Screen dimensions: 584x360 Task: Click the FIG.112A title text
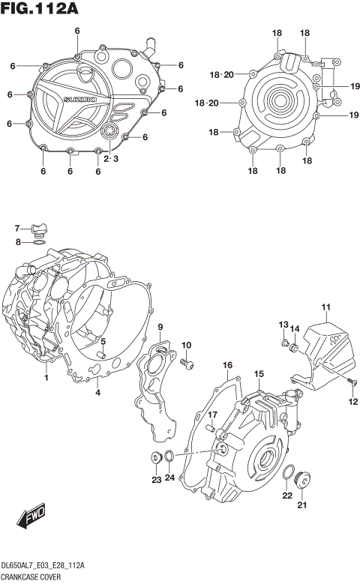click(x=40, y=10)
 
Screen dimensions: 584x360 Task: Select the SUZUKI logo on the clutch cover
click(x=76, y=100)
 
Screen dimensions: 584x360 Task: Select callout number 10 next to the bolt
click(x=187, y=346)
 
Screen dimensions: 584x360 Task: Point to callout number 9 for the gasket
click(x=160, y=328)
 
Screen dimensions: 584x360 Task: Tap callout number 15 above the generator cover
click(x=258, y=374)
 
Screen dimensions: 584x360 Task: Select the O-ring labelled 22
click(x=288, y=472)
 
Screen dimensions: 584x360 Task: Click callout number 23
click(x=155, y=480)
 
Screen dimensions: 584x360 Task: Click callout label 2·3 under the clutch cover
click(x=110, y=159)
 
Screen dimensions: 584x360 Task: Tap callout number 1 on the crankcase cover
click(x=46, y=378)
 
